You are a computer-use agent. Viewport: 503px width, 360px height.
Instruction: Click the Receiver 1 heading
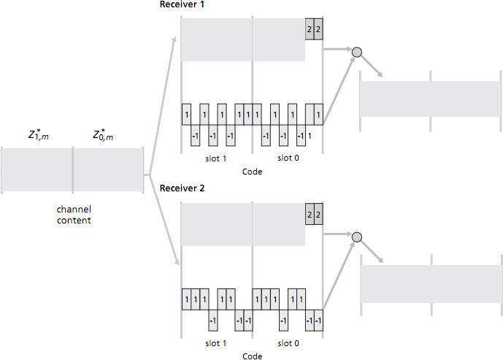pyautogui.click(x=183, y=5)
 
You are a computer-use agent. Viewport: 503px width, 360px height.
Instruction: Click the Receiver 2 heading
pyautogui.click(x=183, y=188)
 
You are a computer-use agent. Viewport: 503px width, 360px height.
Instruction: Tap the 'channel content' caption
pyautogui.click(x=74, y=215)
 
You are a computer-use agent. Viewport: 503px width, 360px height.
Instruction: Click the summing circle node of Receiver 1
pyautogui.click(x=357, y=52)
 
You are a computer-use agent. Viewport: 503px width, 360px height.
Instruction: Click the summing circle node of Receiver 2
pyautogui.click(x=357, y=237)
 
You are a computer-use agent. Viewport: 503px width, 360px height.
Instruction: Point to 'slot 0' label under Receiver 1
pyautogui.click(x=288, y=157)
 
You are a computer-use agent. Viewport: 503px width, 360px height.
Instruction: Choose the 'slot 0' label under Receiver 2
pyautogui.click(x=288, y=342)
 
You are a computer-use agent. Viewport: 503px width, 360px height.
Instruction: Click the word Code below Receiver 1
pyautogui.click(x=252, y=172)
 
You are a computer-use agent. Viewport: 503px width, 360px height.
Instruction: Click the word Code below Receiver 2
pyautogui.click(x=252, y=356)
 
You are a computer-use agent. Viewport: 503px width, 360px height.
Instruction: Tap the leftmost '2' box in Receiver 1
pyautogui.click(x=310, y=29)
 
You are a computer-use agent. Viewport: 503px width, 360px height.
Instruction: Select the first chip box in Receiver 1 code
pyautogui.click(x=186, y=115)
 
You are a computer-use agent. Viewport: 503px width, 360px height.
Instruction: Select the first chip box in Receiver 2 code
pyautogui.click(x=186, y=299)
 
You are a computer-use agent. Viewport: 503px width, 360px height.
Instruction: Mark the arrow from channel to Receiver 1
pyautogui.click(x=162, y=102)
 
